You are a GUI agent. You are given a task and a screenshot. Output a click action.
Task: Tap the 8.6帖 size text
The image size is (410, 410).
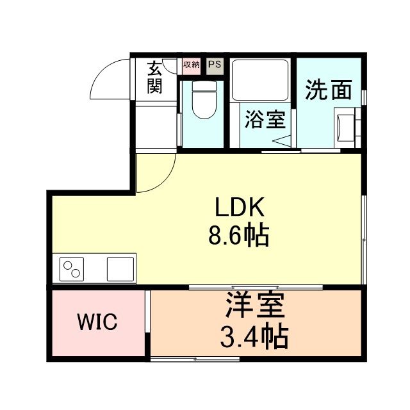click(x=238, y=237)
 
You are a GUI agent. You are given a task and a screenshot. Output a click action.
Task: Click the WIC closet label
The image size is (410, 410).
click(x=97, y=322)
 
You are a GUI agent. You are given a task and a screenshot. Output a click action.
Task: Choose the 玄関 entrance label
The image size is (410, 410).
click(x=154, y=77)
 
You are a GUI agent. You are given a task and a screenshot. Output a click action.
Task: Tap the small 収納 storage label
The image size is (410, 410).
click(x=191, y=65)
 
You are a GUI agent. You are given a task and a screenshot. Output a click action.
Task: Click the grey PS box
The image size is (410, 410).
click(x=214, y=65)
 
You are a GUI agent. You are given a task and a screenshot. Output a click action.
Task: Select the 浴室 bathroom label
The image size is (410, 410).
click(x=264, y=119)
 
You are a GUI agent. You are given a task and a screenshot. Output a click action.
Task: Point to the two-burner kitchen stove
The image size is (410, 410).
click(x=73, y=268)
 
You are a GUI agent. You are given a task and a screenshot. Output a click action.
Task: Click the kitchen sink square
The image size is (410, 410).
click(x=120, y=268)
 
